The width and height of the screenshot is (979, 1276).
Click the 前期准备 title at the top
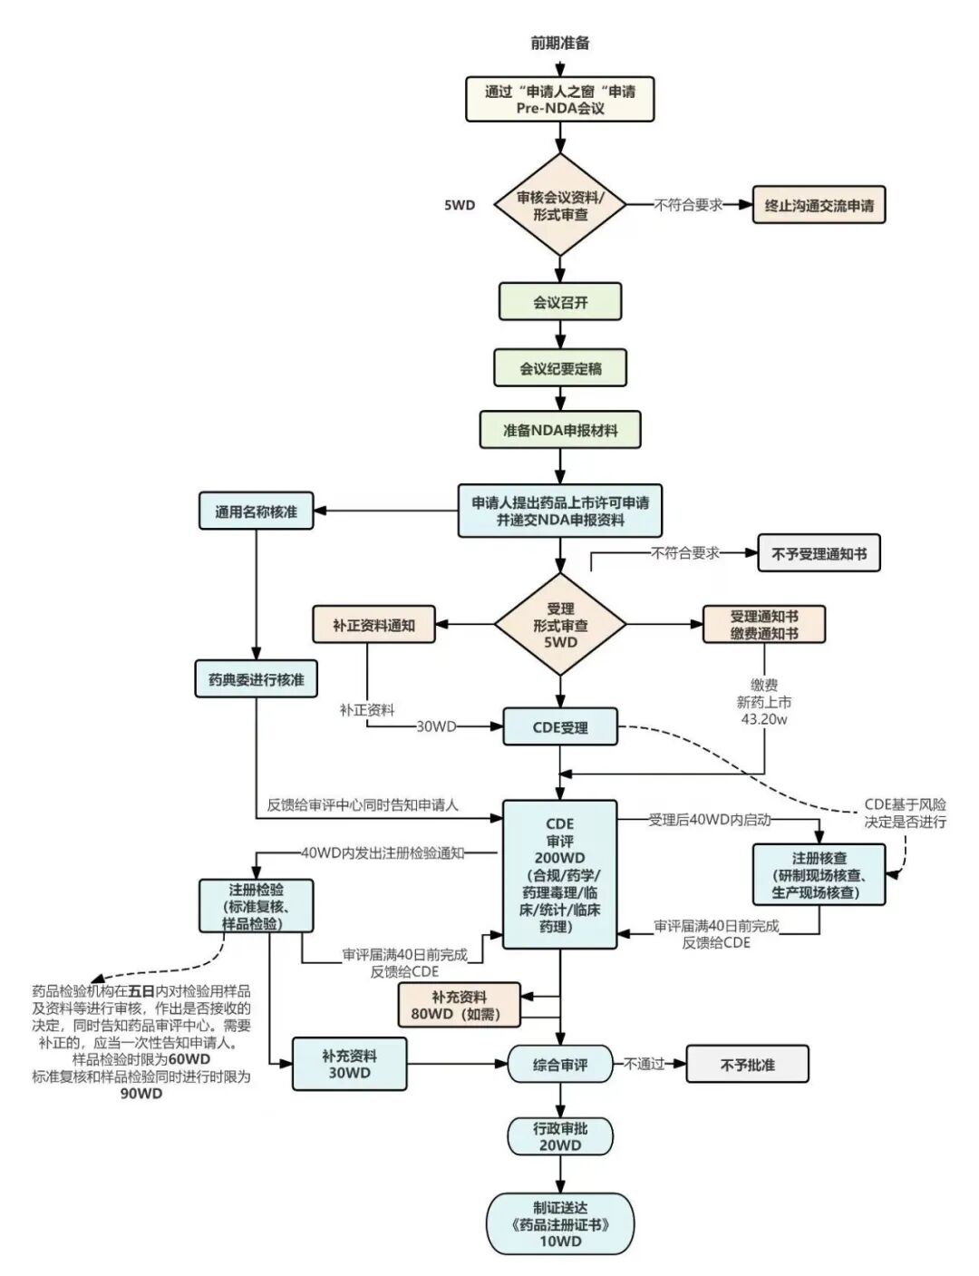click(x=559, y=44)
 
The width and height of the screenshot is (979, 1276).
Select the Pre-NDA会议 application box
click(x=559, y=99)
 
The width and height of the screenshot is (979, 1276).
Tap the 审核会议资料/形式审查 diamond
click(x=560, y=205)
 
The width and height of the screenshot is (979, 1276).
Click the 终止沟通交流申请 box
click(x=819, y=205)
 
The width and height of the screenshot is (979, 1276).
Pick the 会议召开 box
click(x=560, y=302)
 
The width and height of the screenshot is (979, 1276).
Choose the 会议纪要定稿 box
click(x=560, y=368)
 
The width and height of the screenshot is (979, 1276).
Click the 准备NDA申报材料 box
click(x=560, y=430)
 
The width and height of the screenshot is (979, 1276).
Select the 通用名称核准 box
click(x=256, y=511)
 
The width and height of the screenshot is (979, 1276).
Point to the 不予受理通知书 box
click(x=819, y=552)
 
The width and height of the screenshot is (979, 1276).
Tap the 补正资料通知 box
click(x=373, y=624)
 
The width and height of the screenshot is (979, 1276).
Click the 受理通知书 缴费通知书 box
click(x=764, y=624)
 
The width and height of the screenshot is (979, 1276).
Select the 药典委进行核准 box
click(x=256, y=679)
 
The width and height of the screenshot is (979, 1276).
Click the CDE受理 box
click(x=560, y=727)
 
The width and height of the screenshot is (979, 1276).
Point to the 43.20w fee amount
click(x=764, y=719)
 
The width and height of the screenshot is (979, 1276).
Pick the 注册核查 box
click(x=819, y=874)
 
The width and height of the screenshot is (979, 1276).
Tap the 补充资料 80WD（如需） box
click(x=459, y=1005)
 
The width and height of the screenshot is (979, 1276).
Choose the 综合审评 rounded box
click(x=560, y=1064)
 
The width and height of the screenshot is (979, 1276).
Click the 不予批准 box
click(x=747, y=1064)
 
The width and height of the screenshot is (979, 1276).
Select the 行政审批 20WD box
click(x=560, y=1136)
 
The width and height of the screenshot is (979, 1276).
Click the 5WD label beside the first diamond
click(x=459, y=206)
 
